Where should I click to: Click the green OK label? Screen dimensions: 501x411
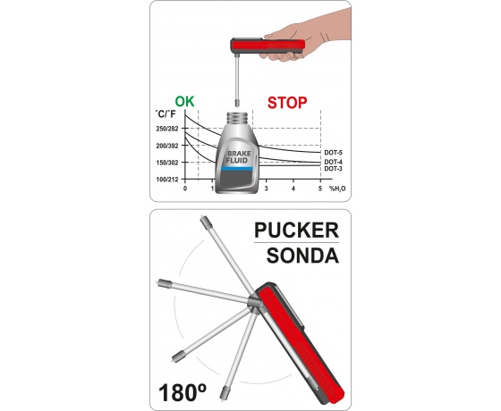coord(184,102)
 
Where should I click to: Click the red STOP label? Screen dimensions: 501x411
coord(287,103)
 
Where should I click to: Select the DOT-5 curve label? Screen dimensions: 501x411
coord(333,153)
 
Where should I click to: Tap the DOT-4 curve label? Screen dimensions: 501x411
coord(333,163)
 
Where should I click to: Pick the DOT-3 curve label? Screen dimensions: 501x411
coord(333,169)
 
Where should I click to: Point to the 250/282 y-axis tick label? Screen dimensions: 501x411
coord(167,129)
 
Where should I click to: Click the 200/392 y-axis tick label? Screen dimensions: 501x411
coord(167,146)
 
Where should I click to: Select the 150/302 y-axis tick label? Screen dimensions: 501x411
coord(167,163)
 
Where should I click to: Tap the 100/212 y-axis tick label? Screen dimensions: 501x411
coord(167,180)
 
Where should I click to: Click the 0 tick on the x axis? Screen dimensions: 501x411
coord(185,189)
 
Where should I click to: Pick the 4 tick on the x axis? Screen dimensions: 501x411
coord(293,189)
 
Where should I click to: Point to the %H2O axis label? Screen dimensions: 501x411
coord(337,189)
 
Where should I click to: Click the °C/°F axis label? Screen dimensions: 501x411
coord(166,114)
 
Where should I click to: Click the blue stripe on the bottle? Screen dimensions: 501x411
coord(237,169)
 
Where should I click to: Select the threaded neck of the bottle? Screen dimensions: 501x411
coord(238,118)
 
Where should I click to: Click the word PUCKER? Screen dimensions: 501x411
coord(296,231)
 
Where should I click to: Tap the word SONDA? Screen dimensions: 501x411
coord(302,256)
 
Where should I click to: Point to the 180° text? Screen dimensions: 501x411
coord(183,392)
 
